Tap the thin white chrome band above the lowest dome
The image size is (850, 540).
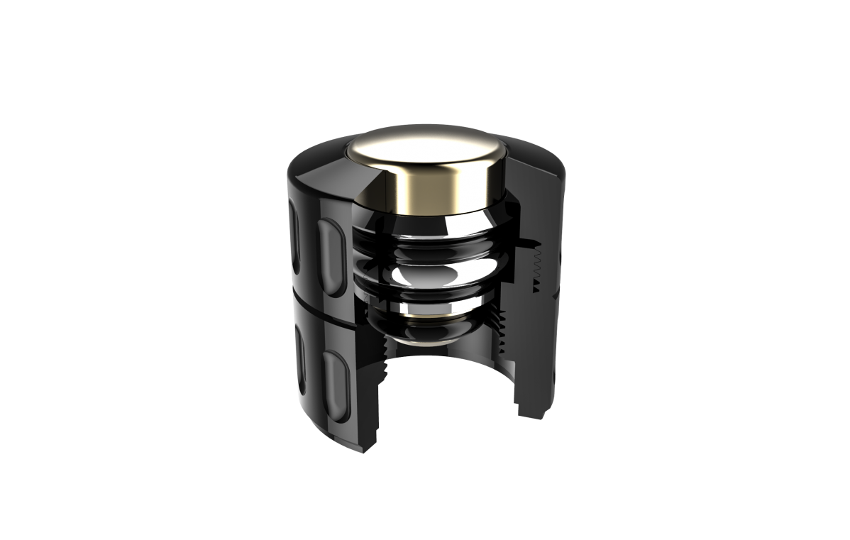[426, 310]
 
